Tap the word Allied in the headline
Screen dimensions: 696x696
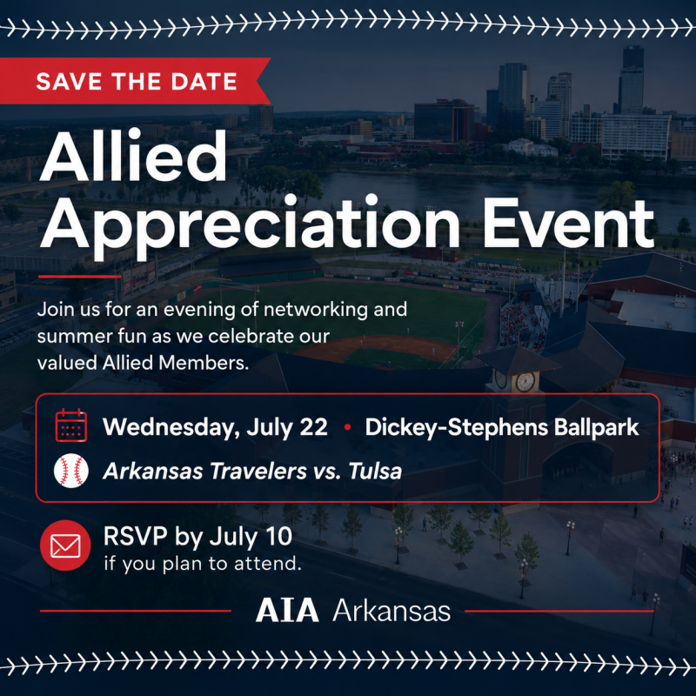tap(133, 156)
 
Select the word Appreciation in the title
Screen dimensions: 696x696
tap(250, 225)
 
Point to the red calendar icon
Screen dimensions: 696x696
tap(71, 425)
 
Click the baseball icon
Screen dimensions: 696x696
tap(71, 471)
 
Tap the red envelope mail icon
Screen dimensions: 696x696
tap(65, 545)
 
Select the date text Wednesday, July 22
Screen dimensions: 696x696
tap(215, 427)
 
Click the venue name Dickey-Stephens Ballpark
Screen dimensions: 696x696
tap(502, 427)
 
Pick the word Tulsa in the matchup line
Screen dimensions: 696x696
tap(375, 471)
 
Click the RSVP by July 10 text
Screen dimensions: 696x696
tap(197, 537)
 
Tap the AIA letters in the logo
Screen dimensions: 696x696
tap(287, 611)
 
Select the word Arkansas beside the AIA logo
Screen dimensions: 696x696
tap(391, 611)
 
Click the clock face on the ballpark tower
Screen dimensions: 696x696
tap(525, 382)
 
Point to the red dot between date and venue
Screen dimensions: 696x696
tap(347, 427)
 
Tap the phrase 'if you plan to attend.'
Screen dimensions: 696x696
tap(203, 564)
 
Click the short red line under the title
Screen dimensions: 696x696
tap(80, 277)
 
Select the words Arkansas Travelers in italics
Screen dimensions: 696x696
tap(204, 471)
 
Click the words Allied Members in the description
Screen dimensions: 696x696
tap(176, 363)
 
